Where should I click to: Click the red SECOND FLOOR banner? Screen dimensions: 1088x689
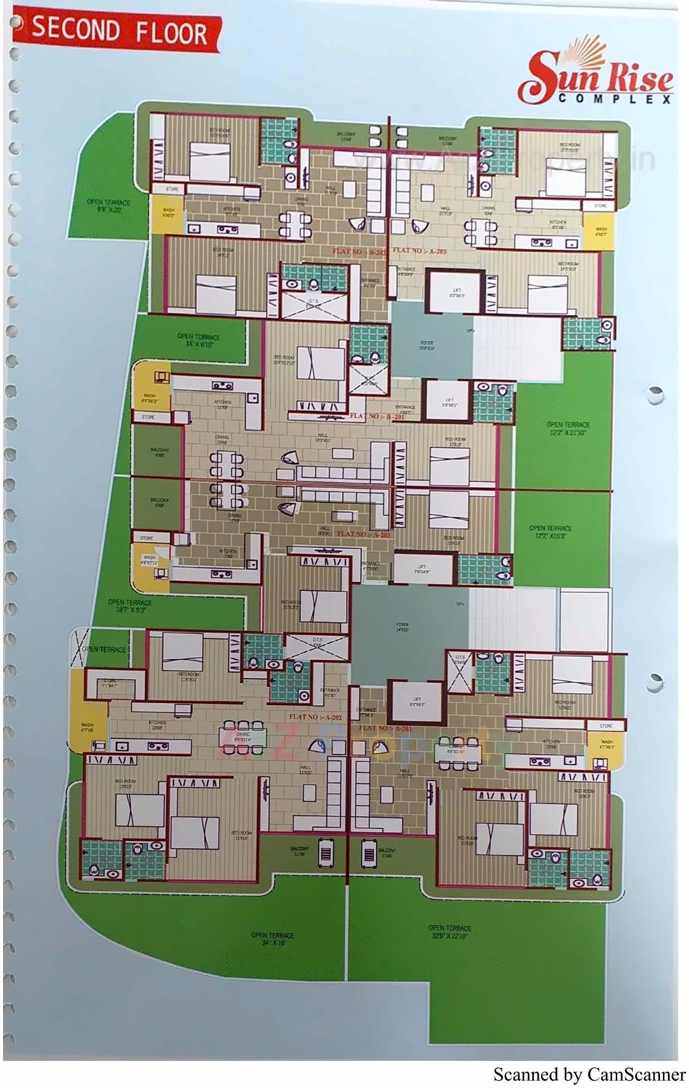click(x=118, y=31)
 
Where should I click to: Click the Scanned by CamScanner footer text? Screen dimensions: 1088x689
click(x=589, y=1075)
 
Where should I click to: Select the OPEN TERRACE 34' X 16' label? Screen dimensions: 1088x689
click(x=273, y=939)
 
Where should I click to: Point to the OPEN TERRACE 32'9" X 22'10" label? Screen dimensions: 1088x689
click(x=450, y=932)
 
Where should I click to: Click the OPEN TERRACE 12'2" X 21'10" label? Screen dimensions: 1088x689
click(x=568, y=428)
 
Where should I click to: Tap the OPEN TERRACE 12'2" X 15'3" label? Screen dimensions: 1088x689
click(x=550, y=531)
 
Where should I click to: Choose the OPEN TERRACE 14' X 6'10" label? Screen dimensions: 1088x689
click(x=198, y=340)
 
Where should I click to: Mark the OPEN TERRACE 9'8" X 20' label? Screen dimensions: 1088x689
click(x=108, y=206)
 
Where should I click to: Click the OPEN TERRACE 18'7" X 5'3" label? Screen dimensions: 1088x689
click(x=130, y=606)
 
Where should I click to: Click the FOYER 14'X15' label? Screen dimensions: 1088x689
click(x=402, y=627)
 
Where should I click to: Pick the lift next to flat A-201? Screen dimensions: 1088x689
click(x=417, y=702)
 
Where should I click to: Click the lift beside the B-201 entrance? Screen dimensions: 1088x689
click(x=449, y=402)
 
